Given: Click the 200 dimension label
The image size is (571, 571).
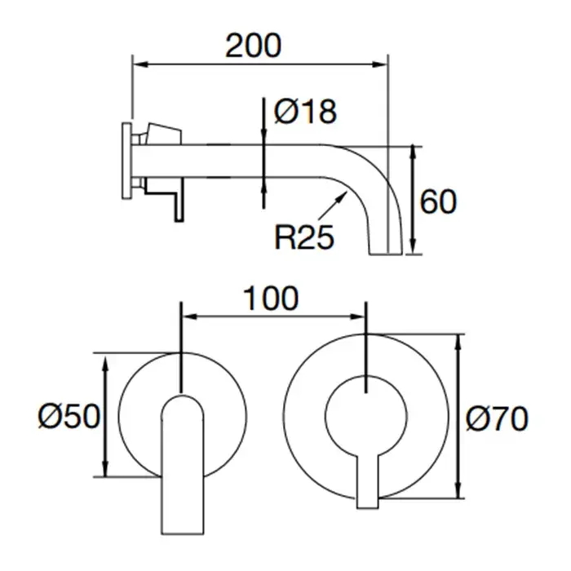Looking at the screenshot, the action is [x=254, y=46].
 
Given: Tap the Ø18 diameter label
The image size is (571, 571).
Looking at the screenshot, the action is [x=305, y=111].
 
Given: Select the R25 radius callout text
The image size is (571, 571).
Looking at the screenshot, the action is [x=304, y=237].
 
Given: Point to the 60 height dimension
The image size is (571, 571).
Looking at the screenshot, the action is [x=438, y=201].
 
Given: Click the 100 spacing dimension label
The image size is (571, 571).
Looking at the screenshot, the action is [x=271, y=299].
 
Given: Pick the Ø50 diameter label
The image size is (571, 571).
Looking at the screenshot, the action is [x=69, y=416].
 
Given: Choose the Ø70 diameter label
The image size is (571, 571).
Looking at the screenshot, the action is [x=497, y=418].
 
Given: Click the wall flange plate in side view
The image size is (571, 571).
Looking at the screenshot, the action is [x=126, y=161].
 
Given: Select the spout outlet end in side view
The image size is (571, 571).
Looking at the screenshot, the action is [x=386, y=252].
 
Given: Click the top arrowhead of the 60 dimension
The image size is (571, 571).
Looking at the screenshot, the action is [x=413, y=153].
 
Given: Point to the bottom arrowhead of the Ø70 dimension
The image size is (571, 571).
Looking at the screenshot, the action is [x=458, y=489].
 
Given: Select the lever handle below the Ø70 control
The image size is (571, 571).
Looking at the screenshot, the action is [x=368, y=480].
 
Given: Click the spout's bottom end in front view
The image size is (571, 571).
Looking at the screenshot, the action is [x=183, y=533].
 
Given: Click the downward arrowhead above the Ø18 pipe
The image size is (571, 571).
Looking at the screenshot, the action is [x=263, y=137].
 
